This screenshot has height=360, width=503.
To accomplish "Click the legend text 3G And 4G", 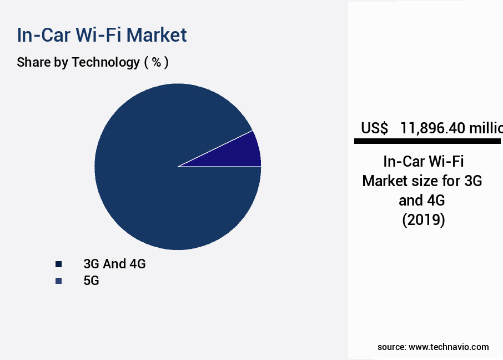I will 114,264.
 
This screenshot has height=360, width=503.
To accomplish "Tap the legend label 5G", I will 91,281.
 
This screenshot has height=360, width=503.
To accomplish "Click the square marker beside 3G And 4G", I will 58,264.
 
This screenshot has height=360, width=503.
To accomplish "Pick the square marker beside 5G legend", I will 58,281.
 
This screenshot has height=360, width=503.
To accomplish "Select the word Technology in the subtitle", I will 105,62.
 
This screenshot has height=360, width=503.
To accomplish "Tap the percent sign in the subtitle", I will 157,62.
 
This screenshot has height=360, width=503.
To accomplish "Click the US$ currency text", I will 375,128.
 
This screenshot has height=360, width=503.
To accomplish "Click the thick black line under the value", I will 427,142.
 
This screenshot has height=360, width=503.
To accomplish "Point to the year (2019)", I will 423,220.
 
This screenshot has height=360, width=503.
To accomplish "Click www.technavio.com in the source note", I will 449,347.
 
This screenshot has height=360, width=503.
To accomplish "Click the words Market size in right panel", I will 402,181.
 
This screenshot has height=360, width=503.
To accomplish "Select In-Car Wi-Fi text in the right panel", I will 423,162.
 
